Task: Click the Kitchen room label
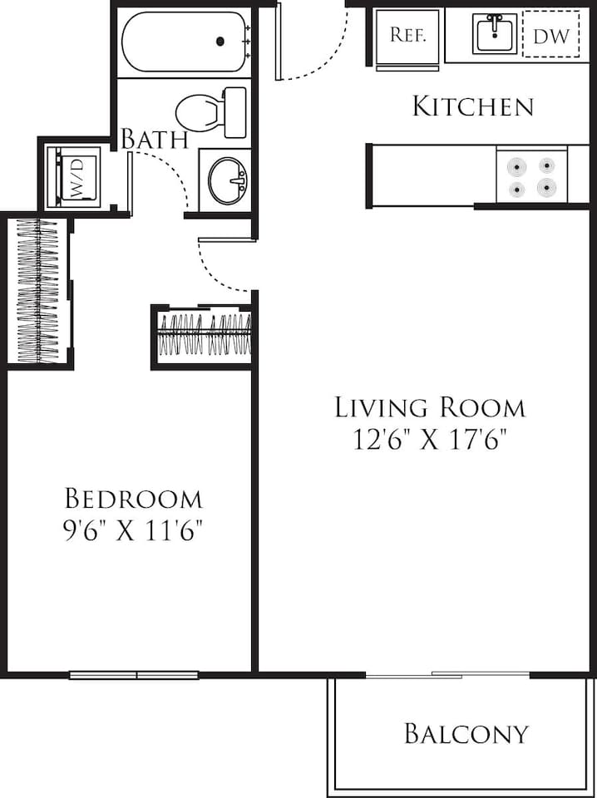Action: [x=472, y=106]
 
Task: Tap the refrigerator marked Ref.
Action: [x=407, y=37]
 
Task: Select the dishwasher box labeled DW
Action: [x=550, y=35]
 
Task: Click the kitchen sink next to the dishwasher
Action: [x=496, y=34]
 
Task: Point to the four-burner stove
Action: [x=531, y=176]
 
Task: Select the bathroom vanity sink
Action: [x=227, y=180]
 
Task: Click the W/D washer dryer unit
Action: [x=77, y=176]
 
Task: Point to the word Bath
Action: [x=155, y=139]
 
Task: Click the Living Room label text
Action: [x=430, y=407]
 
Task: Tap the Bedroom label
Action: [x=134, y=499]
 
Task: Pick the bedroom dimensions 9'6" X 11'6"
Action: [x=134, y=530]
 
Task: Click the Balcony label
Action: [x=466, y=734]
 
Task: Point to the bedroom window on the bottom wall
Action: [x=134, y=675]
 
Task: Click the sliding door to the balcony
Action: [x=447, y=674]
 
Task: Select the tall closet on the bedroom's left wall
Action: [x=38, y=291]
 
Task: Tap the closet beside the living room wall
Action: [x=204, y=335]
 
